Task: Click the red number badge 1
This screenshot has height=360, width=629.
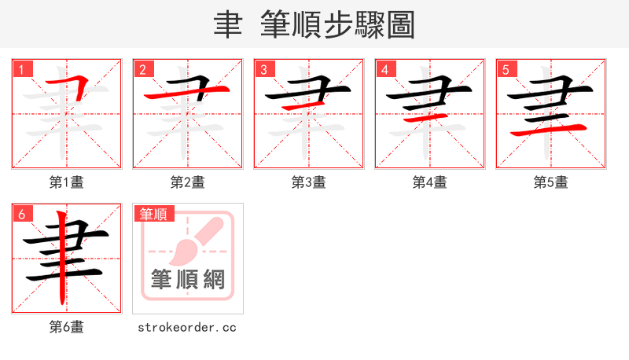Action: tap(22, 68)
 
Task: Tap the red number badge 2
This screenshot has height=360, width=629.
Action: tap(143, 68)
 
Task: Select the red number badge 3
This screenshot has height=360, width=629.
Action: tap(264, 68)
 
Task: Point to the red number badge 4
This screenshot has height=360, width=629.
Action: tap(385, 68)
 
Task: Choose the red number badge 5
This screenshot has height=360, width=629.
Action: tap(506, 68)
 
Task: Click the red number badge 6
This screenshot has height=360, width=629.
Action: tap(22, 213)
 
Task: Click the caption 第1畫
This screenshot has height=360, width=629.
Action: tap(67, 182)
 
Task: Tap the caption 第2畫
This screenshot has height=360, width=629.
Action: tap(188, 182)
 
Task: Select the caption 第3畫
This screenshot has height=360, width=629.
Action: tap(309, 182)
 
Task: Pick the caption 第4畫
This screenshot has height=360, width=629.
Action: tap(430, 182)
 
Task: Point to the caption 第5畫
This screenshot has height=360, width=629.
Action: tap(551, 182)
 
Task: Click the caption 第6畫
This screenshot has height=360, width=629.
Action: tap(67, 327)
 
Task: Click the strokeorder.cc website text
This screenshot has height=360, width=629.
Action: tap(187, 327)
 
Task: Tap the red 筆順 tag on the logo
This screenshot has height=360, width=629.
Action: tap(154, 213)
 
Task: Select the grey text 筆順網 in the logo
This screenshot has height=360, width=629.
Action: tap(188, 278)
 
